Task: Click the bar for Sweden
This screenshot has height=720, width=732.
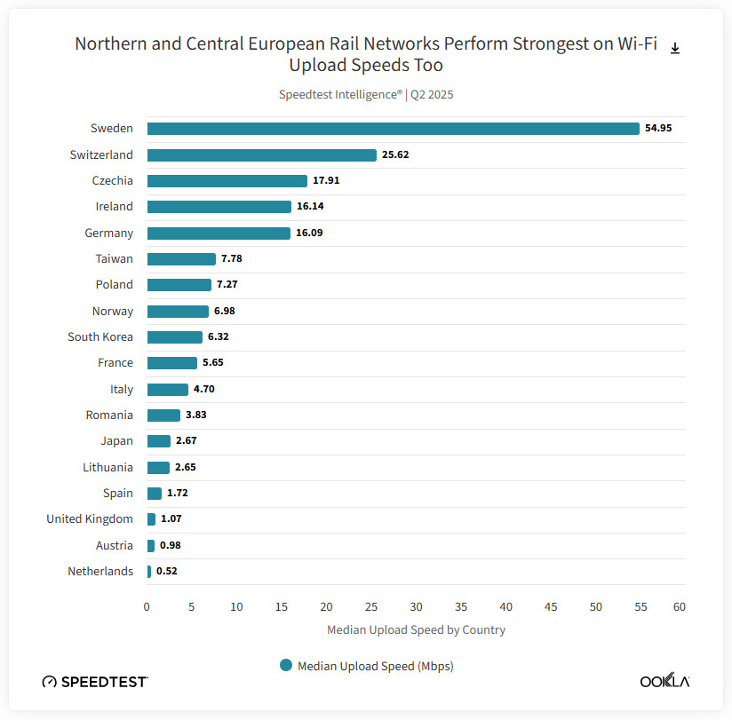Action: coord(393,129)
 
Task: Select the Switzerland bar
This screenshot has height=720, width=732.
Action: coord(261,154)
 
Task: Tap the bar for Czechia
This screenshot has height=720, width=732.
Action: coord(227,180)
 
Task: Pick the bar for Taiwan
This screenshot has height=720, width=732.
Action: coord(181,258)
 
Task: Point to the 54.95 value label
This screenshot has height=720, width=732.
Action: coord(658,129)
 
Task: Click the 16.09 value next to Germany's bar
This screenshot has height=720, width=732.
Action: coord(310,233)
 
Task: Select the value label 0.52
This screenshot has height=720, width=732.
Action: coord(167,571)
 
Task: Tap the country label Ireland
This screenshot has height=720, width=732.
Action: coord(115,207)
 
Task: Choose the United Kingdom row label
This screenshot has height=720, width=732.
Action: coord(90,518)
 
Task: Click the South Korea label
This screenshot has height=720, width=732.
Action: coord(100,336)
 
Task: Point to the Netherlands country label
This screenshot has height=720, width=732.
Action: coord(100,571)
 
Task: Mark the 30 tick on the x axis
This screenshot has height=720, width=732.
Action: coord(416,607)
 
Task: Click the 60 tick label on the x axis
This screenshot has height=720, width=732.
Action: coord(679,607)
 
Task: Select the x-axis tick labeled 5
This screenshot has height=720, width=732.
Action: coord(191,607)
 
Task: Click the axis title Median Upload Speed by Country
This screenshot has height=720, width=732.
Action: coord(416,630)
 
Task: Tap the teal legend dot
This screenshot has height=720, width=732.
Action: coord(286,665)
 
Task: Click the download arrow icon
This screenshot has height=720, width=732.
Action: coord(675,48)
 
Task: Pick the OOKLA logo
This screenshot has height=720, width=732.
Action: coord(664,681)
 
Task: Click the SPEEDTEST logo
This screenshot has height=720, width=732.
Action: coord(95,681)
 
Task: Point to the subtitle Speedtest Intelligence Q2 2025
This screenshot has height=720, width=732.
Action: coord(366,94)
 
